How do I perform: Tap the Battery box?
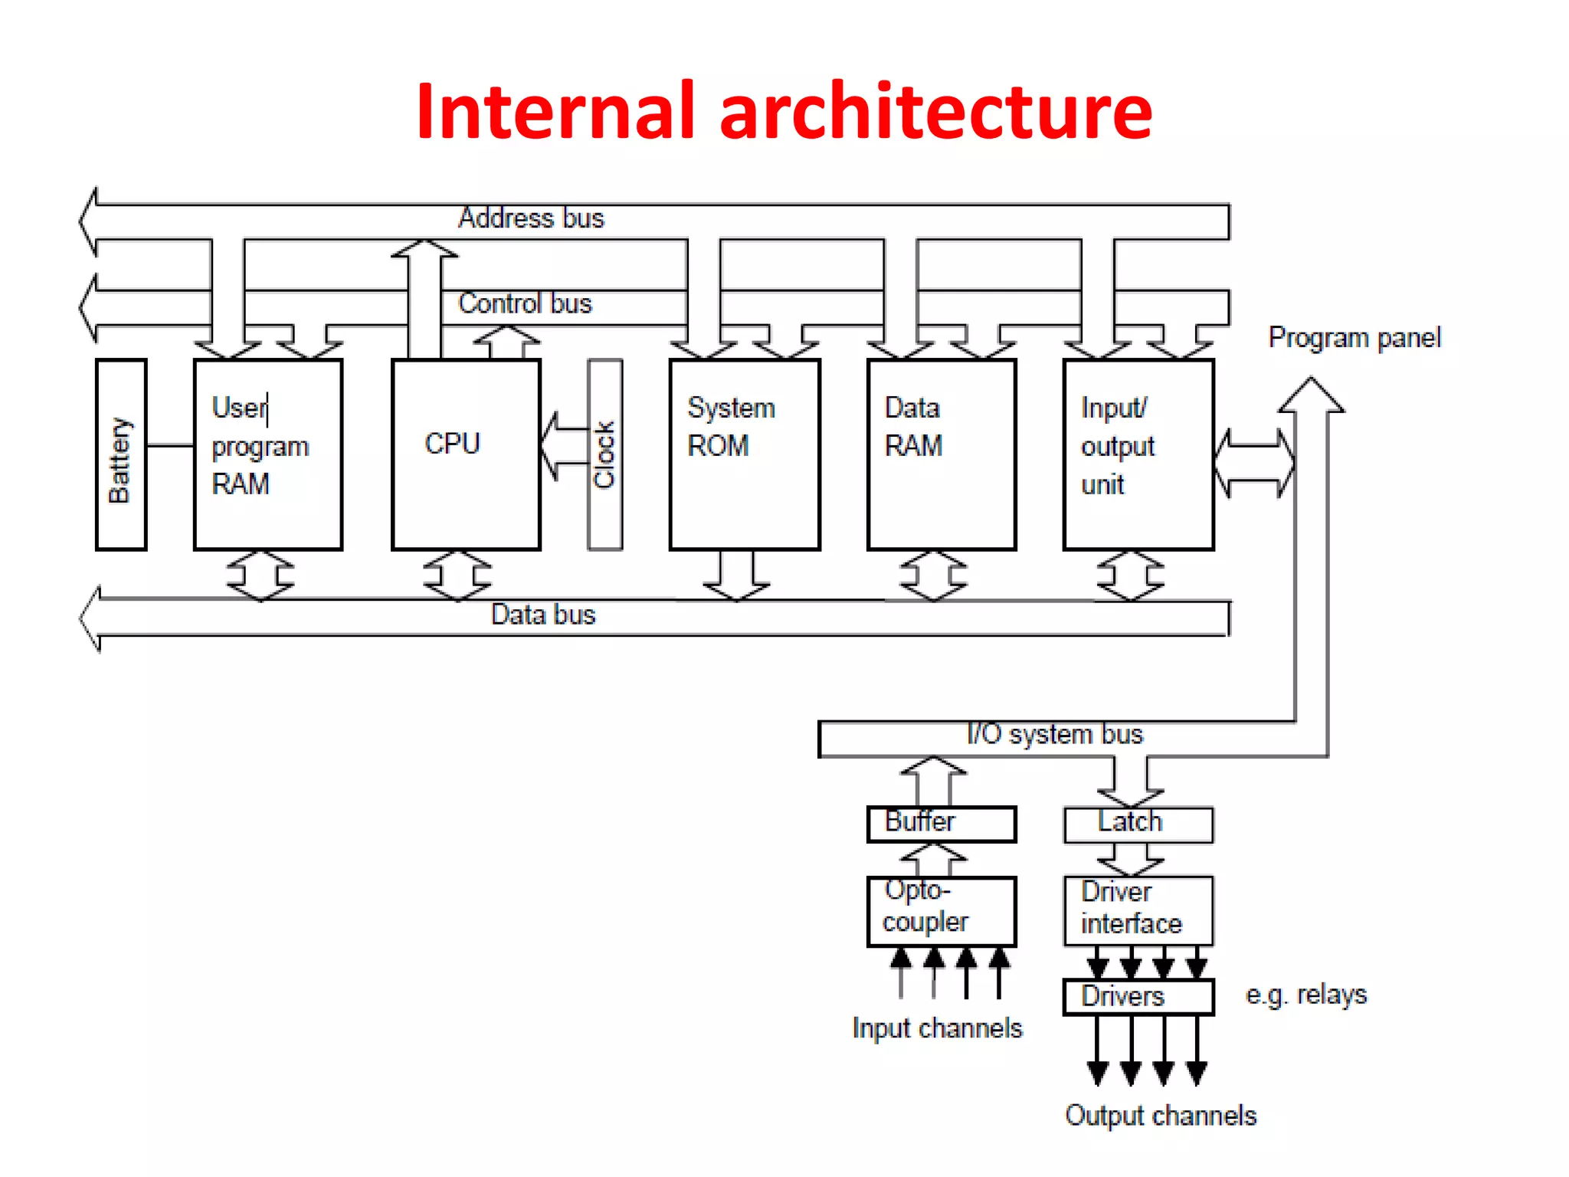click(121, 455)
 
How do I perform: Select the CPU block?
click(466, 454)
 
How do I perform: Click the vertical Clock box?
click(604, 454)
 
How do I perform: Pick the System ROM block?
click(745, 454)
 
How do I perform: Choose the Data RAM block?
click(942, 454)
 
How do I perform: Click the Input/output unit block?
click(1138, 454)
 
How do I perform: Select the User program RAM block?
click(268, 454)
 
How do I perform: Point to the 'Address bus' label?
click(531, 218)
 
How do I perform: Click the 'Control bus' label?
click(525, 304)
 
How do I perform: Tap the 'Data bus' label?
click(542, 615)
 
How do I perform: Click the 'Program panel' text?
click(1354, 338)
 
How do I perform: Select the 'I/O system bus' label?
click(1054, 734)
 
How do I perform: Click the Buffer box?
click(942, 824)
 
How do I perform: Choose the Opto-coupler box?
click(942, 910)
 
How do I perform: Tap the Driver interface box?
click(1138, 910)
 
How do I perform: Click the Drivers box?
click(1138, 996)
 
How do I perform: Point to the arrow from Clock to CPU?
click(562, 446)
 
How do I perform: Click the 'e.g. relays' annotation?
click(1305, 995)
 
